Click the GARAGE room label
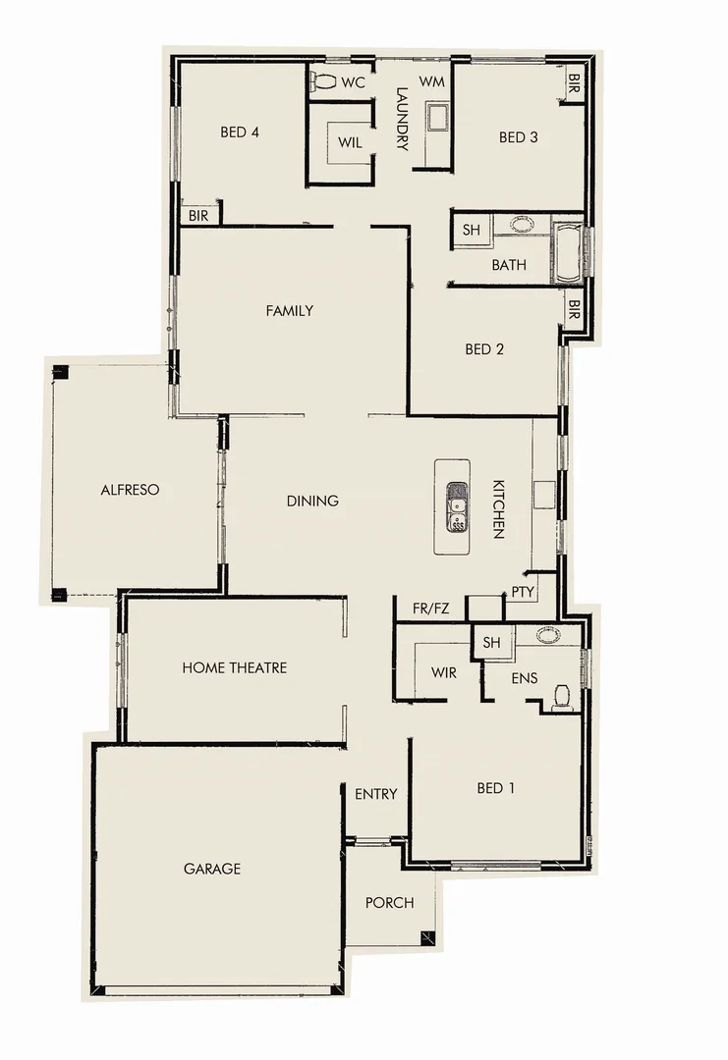(x=211, y=869)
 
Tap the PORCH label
(x=389, y=903)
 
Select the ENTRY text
(x=375, y=794)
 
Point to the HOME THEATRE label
(x=234, y=667)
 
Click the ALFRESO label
(x=130, y=489)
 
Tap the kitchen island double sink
(x=457, y=505)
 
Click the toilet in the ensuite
(x=562, y=695)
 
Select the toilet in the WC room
(x=322, y=80)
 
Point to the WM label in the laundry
(x=432, y=80)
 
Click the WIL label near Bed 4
(x=350, y=142)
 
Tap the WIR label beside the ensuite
(x=444, y=674)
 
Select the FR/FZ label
(x=430, y=609)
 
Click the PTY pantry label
(x=522, y=593)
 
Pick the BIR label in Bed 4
(x=198, y=215)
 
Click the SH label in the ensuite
(x=492, y=643)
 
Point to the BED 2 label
(x=484, y=348)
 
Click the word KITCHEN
(x=498, y=509)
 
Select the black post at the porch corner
(x=427, y=937)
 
